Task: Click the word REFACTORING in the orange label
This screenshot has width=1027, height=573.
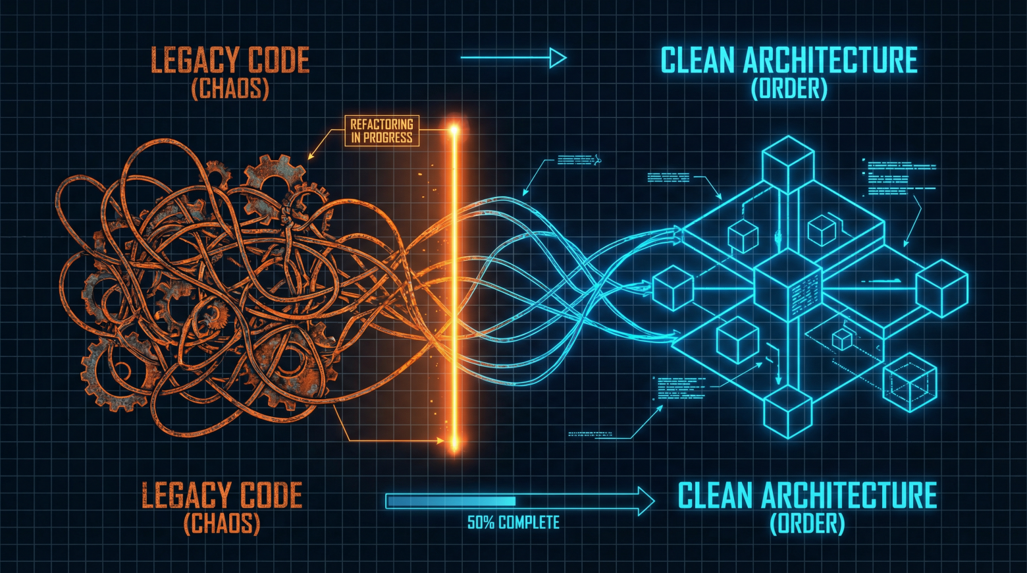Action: (x=382, y=124)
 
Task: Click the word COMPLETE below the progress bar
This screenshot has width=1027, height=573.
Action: (x=529, y=523)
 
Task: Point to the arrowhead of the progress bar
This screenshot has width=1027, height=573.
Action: (x=646, y=501)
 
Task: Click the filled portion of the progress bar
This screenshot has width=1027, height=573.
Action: (x=452, y=501)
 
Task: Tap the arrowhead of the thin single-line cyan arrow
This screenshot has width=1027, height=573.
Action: (x=558, y=58)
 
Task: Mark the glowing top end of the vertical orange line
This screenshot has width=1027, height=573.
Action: (x=454, y=130)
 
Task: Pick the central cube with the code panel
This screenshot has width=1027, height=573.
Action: (x=787, y=286)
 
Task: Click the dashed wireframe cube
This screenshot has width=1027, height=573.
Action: (x=910, y=382)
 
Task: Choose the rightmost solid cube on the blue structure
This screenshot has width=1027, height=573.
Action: (x=941, y=288)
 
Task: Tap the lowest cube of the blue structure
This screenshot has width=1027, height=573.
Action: (x=787, y=412)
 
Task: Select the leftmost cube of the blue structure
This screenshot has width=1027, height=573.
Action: (x=673, y=288)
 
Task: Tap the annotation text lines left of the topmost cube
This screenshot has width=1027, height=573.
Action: (x=668, y=177)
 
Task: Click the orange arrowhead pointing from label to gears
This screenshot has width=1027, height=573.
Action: (x=311, y=157)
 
